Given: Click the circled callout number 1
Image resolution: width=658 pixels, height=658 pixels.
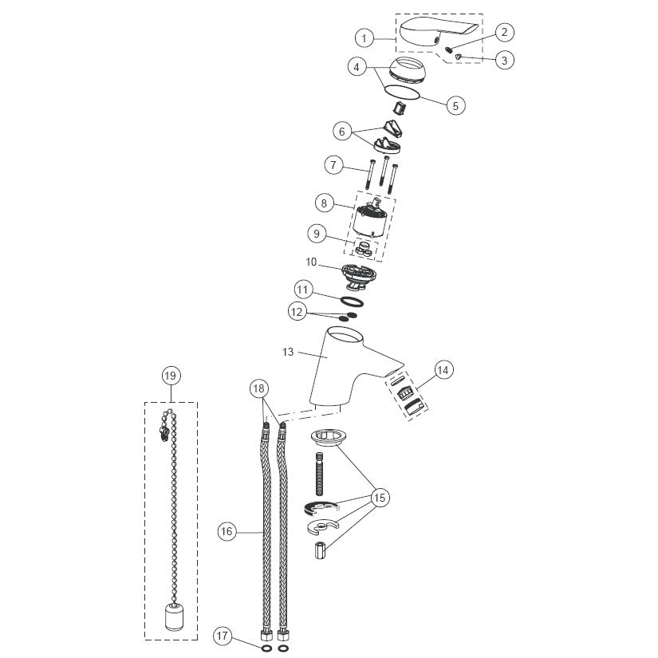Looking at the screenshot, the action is [364, 38].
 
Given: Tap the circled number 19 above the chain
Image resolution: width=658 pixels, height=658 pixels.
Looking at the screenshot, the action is [171, 375].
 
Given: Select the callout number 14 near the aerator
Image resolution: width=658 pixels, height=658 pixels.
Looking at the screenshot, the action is [443, 370].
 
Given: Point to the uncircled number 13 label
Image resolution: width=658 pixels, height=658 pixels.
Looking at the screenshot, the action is [288, 352].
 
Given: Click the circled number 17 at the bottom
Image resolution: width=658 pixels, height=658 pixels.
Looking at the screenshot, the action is [222, 636].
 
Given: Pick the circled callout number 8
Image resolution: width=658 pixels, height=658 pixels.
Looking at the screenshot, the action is [324, 203].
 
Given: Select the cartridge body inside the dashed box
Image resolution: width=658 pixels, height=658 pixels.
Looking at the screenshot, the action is [370, 218].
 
